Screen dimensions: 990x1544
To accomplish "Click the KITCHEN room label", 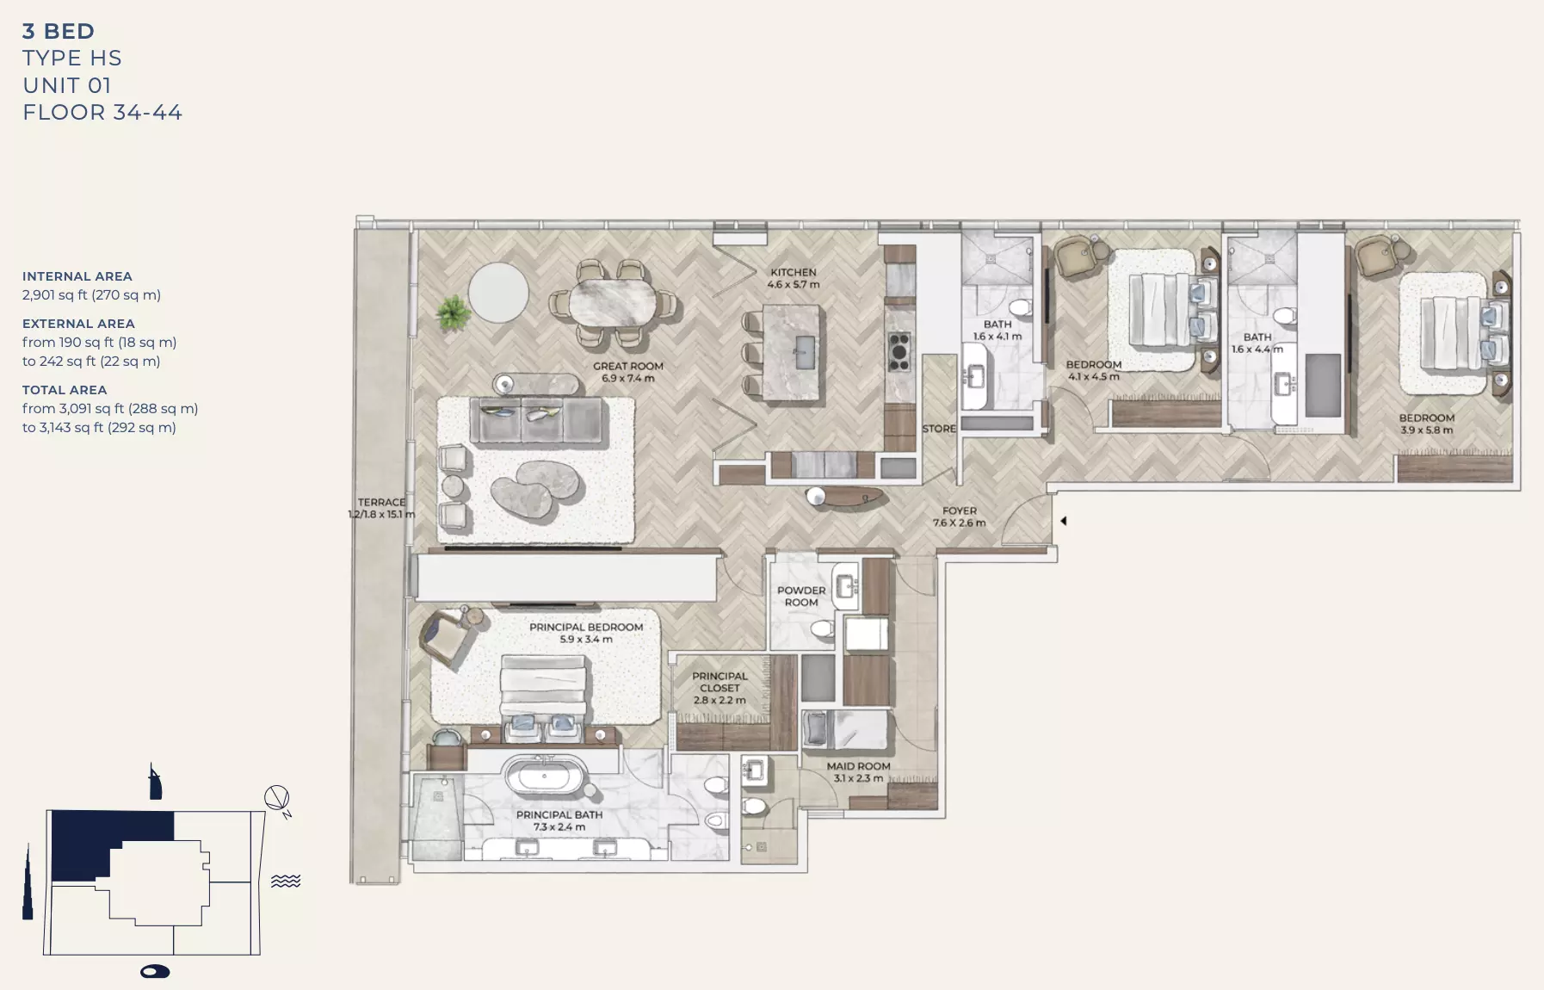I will point(793,272).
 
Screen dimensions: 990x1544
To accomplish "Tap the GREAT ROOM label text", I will point(627,366).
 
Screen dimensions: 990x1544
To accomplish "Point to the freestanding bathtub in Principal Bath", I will point(544,775).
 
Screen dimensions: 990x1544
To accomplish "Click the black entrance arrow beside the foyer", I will point(1064,521).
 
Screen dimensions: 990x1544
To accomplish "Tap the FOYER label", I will point(959,510).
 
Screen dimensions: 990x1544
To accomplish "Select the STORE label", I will point(938,429).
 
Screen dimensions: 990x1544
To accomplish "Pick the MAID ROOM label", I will point(858,766).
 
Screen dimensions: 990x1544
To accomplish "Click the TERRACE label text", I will point(381,502).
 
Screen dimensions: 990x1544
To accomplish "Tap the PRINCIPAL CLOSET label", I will point(720,682).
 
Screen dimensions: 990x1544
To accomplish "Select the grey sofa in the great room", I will point(535,421).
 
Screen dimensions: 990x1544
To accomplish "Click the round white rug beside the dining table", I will point(498,293).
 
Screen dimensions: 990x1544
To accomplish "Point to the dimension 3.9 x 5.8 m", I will point(1426,430).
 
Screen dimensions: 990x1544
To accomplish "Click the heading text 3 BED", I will point(59,32).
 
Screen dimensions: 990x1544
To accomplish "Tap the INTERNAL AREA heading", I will point(77,276).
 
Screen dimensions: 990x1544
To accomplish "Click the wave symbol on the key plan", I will point(286,881).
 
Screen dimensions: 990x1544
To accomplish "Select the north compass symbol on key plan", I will point(277,799).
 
